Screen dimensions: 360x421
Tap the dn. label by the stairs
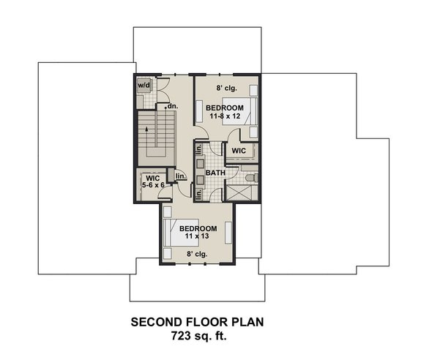(x=173, y=107)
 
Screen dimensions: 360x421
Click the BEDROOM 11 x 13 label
(x=196, y=233)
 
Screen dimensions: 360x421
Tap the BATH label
(x=215, y=173)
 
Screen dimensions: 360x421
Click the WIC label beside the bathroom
(x=239, y=150)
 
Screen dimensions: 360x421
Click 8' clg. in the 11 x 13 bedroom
(x=196, y=254)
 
